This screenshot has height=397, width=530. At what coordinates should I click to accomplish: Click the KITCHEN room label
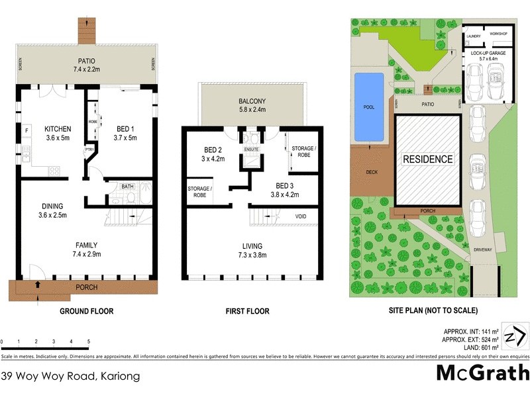(x=58, y=129)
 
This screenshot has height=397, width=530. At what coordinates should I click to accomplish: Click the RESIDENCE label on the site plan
(x=428, y=159)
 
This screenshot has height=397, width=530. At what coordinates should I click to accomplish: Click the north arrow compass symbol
(x=514, y=337)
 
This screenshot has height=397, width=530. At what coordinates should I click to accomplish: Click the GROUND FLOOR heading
(x=86, y=311)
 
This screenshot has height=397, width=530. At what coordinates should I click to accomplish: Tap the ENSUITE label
(x=252, y=150)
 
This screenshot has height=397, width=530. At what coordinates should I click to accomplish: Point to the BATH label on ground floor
(x=127, y=187)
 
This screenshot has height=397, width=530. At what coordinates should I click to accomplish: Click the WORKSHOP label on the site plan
(x=498, y=34)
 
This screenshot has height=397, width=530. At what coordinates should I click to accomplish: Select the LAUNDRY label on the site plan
(x=473, y=36)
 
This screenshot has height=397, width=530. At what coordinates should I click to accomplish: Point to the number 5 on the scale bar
(x=88, y=342)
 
